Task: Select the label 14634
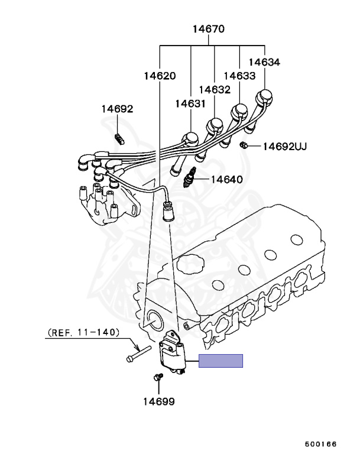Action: tap(264, 61)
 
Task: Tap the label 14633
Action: tap(239, 76)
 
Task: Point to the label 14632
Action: tap(215, 89)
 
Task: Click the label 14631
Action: tap(190, 103)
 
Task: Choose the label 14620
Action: tap(160, 76)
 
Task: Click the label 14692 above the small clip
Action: tap(117, 109)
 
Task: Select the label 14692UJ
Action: tap(285, 146)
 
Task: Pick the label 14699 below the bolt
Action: tap(158, 401)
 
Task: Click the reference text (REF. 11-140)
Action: tap(83, 333)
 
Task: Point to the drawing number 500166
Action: tap(320, 443)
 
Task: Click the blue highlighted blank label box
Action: tap(220, 361)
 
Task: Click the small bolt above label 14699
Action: tap(157, 377)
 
